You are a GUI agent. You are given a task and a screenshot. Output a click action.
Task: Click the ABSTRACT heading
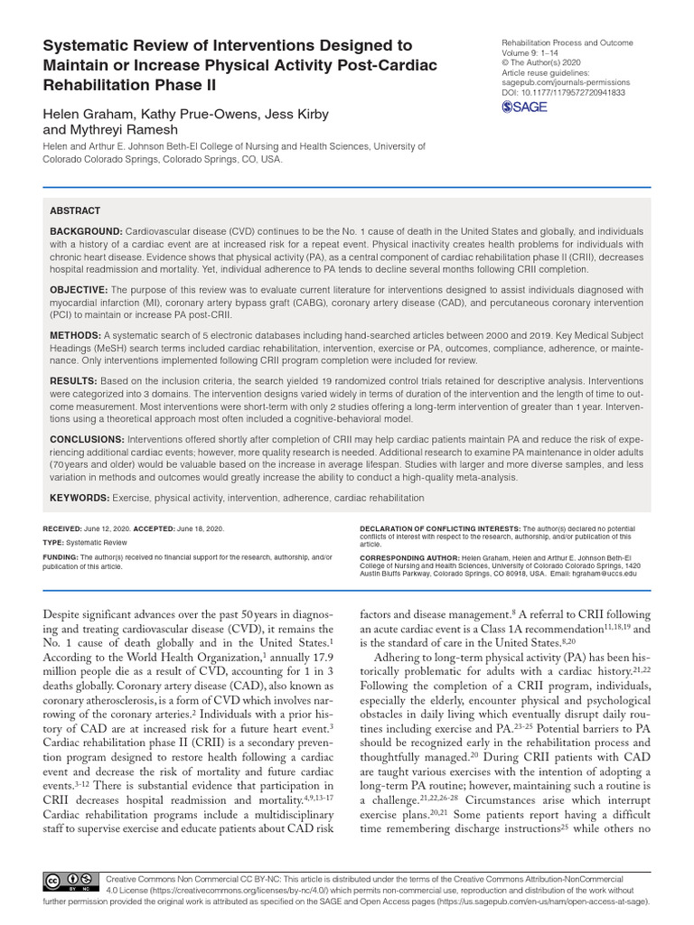pos(75,210)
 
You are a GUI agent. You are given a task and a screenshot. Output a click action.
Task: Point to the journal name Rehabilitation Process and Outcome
pos(567,43)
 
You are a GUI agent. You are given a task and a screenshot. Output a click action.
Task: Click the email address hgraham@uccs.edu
pos(605,573)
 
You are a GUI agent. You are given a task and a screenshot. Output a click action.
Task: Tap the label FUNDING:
pos(61,558)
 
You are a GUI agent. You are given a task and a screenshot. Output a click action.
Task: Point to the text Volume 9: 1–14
pos(530,53)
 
